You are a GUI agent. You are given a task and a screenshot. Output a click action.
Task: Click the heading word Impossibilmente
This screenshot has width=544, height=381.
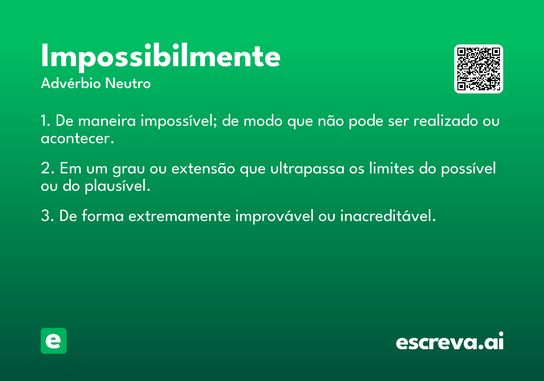pos(160,57)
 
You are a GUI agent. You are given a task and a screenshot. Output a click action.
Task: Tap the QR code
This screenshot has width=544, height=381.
pos(478,69)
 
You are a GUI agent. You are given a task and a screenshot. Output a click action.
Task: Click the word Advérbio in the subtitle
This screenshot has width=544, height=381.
pos(71,83)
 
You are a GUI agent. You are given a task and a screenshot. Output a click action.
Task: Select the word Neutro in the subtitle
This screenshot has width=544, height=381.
pos(128,83)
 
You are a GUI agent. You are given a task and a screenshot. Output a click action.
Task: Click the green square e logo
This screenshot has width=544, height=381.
pos(53,341)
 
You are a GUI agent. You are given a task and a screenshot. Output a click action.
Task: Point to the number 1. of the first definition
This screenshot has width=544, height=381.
pos(45,121)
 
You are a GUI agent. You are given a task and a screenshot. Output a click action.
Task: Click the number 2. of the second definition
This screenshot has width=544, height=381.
pos(48,168)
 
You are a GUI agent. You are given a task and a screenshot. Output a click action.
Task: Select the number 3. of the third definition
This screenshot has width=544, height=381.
pos(48,216)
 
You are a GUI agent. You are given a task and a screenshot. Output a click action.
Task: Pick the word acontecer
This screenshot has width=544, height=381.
pos(78,138)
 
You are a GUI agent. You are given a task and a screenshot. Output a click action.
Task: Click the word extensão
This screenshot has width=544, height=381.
pos(203,168)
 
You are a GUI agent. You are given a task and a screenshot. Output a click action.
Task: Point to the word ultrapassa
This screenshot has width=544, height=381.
pos(307,169)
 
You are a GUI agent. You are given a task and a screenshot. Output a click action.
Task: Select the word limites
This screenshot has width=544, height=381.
pos(392,168)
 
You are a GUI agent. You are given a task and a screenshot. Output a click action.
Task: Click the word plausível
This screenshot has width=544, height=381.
pos(117,186)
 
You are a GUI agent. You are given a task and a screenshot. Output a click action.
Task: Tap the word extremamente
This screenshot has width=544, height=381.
pos(179,216)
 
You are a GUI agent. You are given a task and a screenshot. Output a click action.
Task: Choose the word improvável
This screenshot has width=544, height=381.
pos(274,216)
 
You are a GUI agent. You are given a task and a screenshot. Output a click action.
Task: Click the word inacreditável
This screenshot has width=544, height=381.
pos(388,216)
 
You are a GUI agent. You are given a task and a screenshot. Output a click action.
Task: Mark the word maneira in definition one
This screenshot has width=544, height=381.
pos(107,121)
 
